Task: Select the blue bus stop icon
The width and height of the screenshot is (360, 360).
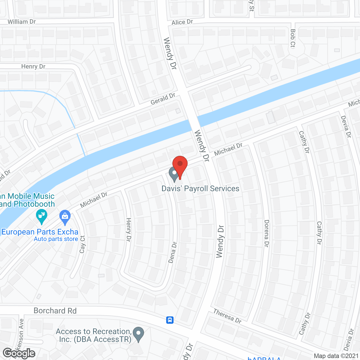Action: pos(170,320)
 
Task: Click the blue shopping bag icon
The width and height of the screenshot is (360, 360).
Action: pos(65,217)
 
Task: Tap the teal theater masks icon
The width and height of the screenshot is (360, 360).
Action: pos(42,217)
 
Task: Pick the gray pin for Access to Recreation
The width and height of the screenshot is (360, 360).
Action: pos(138,334)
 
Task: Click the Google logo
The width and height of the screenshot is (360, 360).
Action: pos(19,353)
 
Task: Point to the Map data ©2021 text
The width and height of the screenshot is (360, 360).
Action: pos(336,356)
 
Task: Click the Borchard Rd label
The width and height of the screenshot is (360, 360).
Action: pos(55,311)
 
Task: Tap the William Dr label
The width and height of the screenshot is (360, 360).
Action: pos(22,22)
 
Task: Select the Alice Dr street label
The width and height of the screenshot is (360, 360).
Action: pos(182,22)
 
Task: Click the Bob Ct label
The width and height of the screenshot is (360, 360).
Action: pos(293,39)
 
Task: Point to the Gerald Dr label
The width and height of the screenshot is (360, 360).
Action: pos(163,99)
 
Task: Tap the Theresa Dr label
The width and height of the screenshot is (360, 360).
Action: pos(228,316)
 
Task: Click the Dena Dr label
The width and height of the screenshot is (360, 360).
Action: pos(172,252)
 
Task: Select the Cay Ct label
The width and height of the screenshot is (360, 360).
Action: pos(82,244)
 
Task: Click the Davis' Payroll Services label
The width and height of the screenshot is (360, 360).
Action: pos(200,188)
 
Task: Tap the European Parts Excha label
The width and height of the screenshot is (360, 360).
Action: pos(40,232)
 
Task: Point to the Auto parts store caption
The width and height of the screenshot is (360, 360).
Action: pos(56,239)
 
